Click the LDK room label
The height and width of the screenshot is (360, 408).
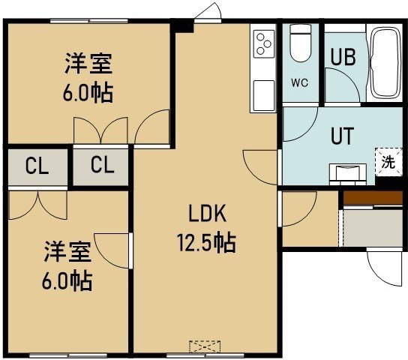pyautogui.click(x=207, y=213)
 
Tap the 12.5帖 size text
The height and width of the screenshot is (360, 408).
pyautogui.click(x=206, y=243)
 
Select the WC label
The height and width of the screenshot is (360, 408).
pyautogui.click(x=300, y=83)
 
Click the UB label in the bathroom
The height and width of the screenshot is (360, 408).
pyautogui.click(x=343, y=57)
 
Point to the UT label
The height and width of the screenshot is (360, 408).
pyautogui.click(x=343, y=136)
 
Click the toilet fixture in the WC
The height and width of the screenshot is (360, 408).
pyautogui.click(x=301, y=43)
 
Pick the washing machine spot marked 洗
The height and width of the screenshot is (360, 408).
pyautogui.click(x=388, y=162)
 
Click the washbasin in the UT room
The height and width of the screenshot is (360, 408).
pyautogui.click(x=348, y=173)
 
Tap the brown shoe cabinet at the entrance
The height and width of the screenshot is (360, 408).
pyautogui.click(x=373, y=198)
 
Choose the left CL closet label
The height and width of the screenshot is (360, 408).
pyautogui.click(x=37, y=166)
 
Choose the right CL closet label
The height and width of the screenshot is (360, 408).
pyautogui.click(x=103, y=165)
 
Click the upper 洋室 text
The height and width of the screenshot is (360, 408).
pyautogui.click(x=88, y=64)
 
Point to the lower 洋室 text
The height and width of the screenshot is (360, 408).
pyautogui.click(x=67, y=251)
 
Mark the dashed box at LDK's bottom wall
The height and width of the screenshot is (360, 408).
pyautogui.click(x=205, y=346)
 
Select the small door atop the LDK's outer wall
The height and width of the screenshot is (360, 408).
pyautogui.click(x=208, y=13)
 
